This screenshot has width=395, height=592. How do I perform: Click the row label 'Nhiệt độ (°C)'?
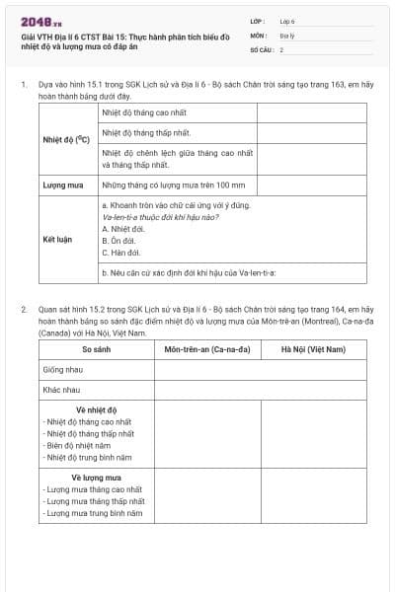[x=66, y=139]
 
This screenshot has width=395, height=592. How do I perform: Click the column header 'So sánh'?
[x=96, y=349]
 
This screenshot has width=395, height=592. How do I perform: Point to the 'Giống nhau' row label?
[x=61, y=369]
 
